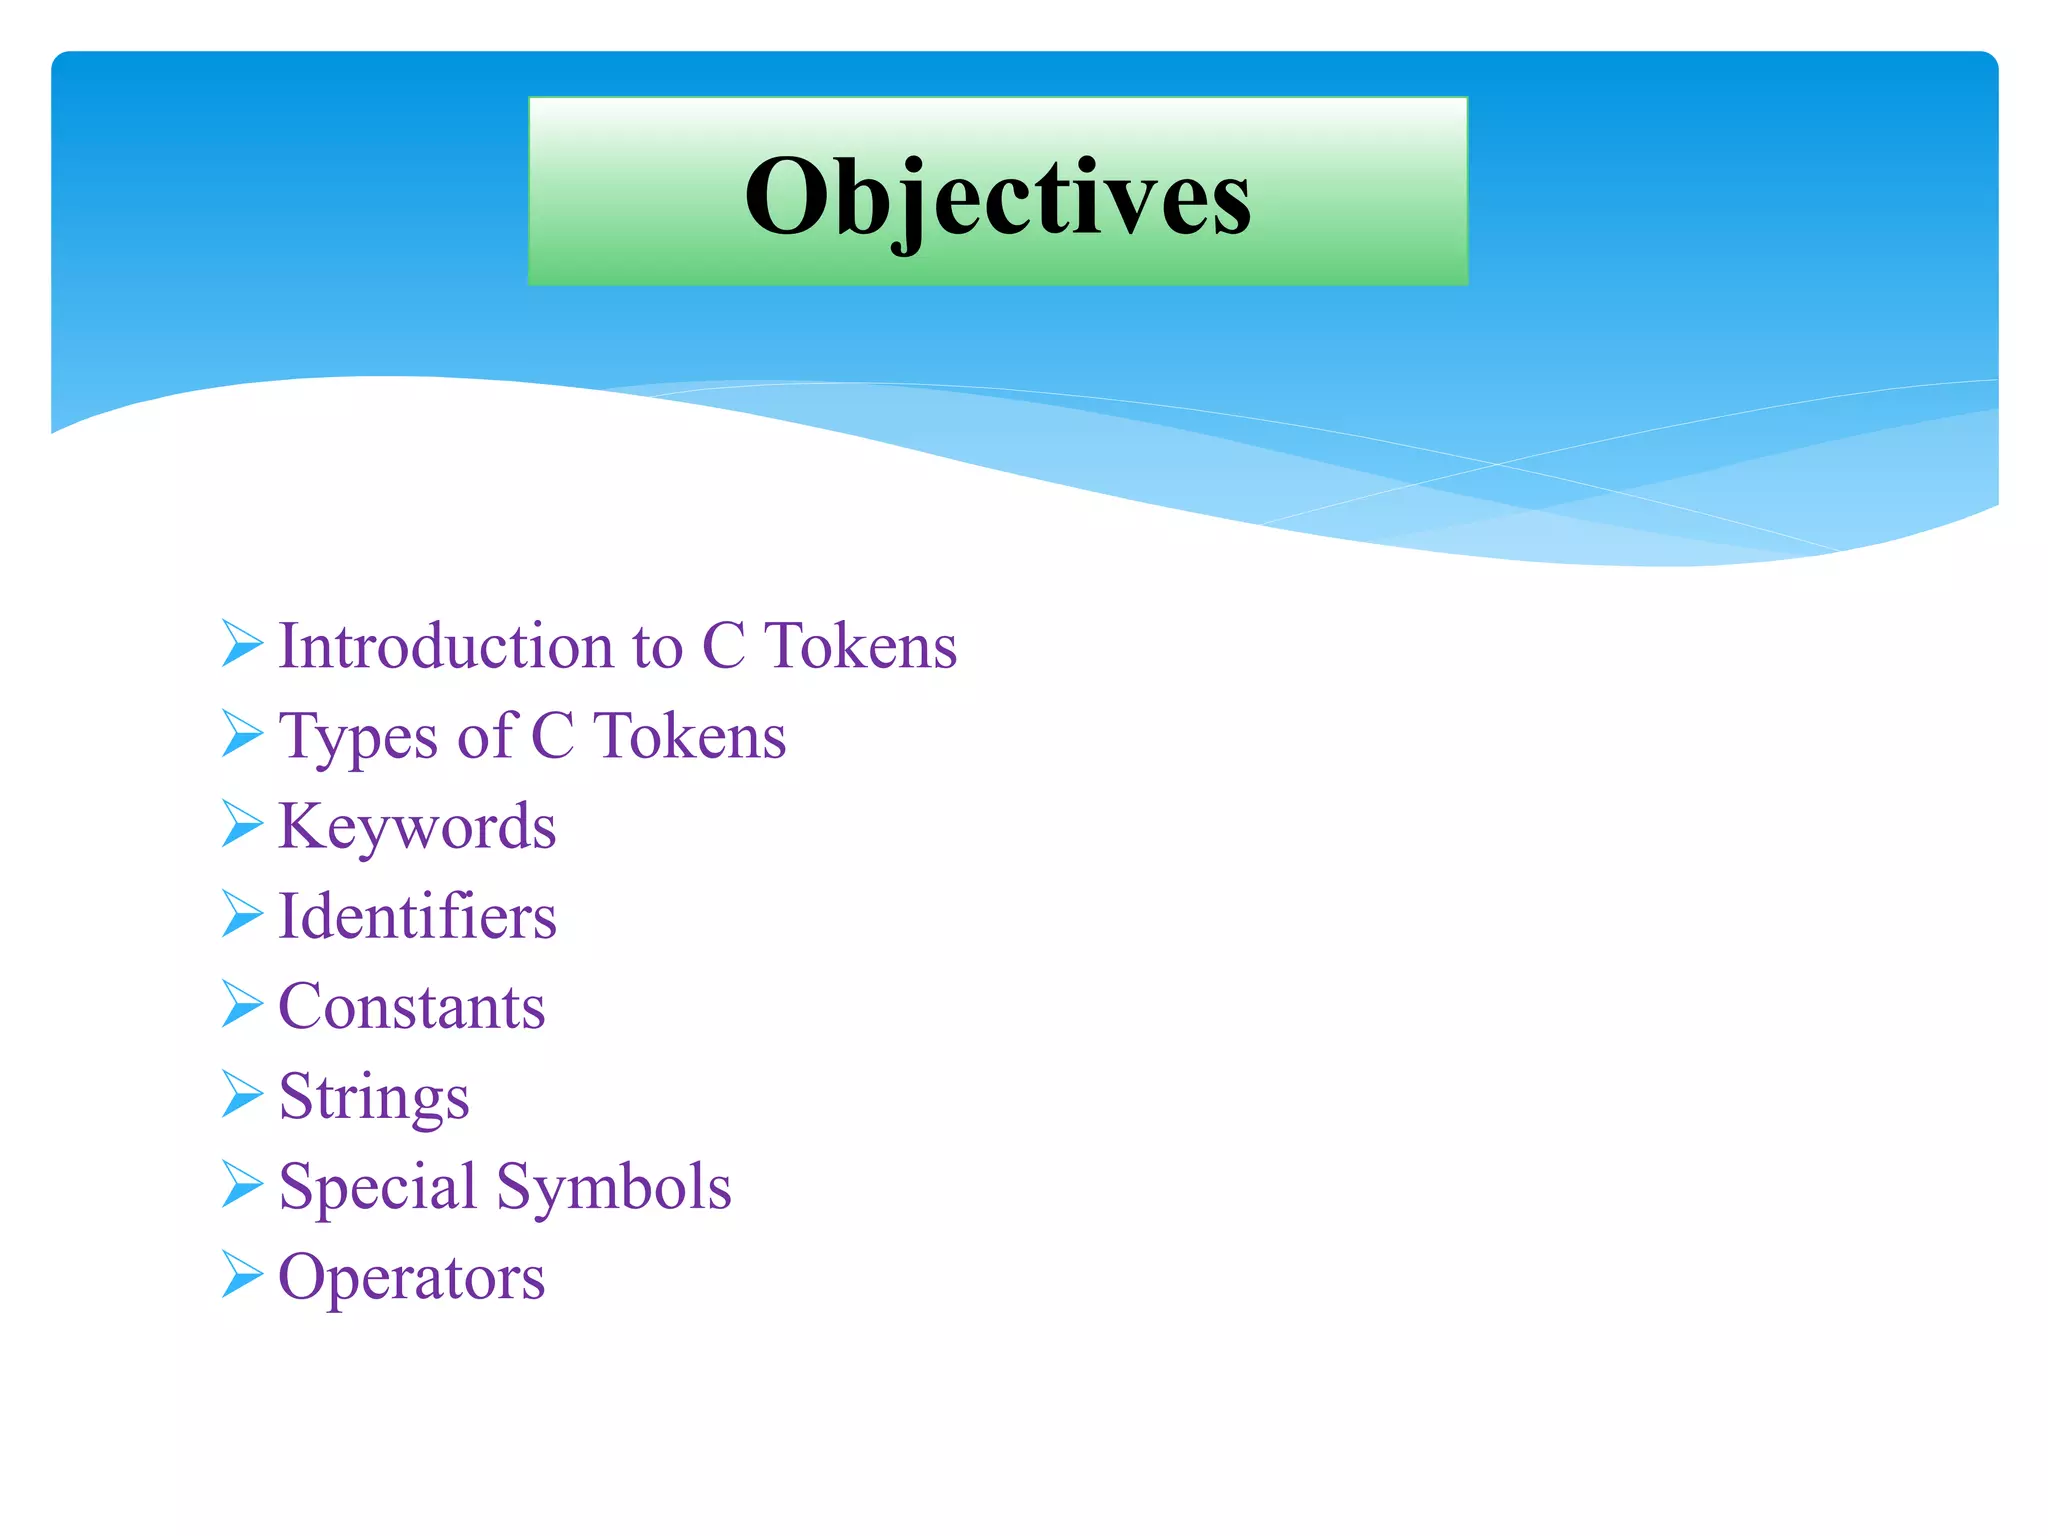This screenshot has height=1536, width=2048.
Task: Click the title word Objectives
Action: click(997, 196)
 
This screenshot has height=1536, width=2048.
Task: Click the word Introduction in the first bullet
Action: click(445, 645)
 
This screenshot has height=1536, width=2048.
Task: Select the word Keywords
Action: click(417, 827)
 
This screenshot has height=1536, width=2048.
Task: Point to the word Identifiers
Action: click(417, 916)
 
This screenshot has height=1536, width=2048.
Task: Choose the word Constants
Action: click(412, 1006)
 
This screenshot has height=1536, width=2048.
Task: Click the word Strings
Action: click(374, 1097)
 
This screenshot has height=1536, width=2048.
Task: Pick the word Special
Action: click(377, 1187)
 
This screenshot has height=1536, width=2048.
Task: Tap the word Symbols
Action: click(614, 1187)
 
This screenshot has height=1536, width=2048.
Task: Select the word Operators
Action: click(412, 1277)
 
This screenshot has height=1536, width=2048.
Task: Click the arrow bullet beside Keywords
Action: click(241, 824)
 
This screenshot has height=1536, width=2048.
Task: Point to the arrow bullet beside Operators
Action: click(241, 1274)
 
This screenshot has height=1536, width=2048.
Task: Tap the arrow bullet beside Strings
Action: click(241, 1094)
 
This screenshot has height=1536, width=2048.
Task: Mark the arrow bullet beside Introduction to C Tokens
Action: click(241, 643)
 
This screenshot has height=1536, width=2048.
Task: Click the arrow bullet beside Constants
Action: click(241, 1004)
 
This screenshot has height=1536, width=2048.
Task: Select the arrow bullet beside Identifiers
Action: click(241, 914)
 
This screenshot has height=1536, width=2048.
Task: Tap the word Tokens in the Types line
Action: click(689, 736)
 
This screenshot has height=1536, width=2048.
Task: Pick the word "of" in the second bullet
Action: click(486, 736)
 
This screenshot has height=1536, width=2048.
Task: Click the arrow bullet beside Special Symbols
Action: click(241, 1184)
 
